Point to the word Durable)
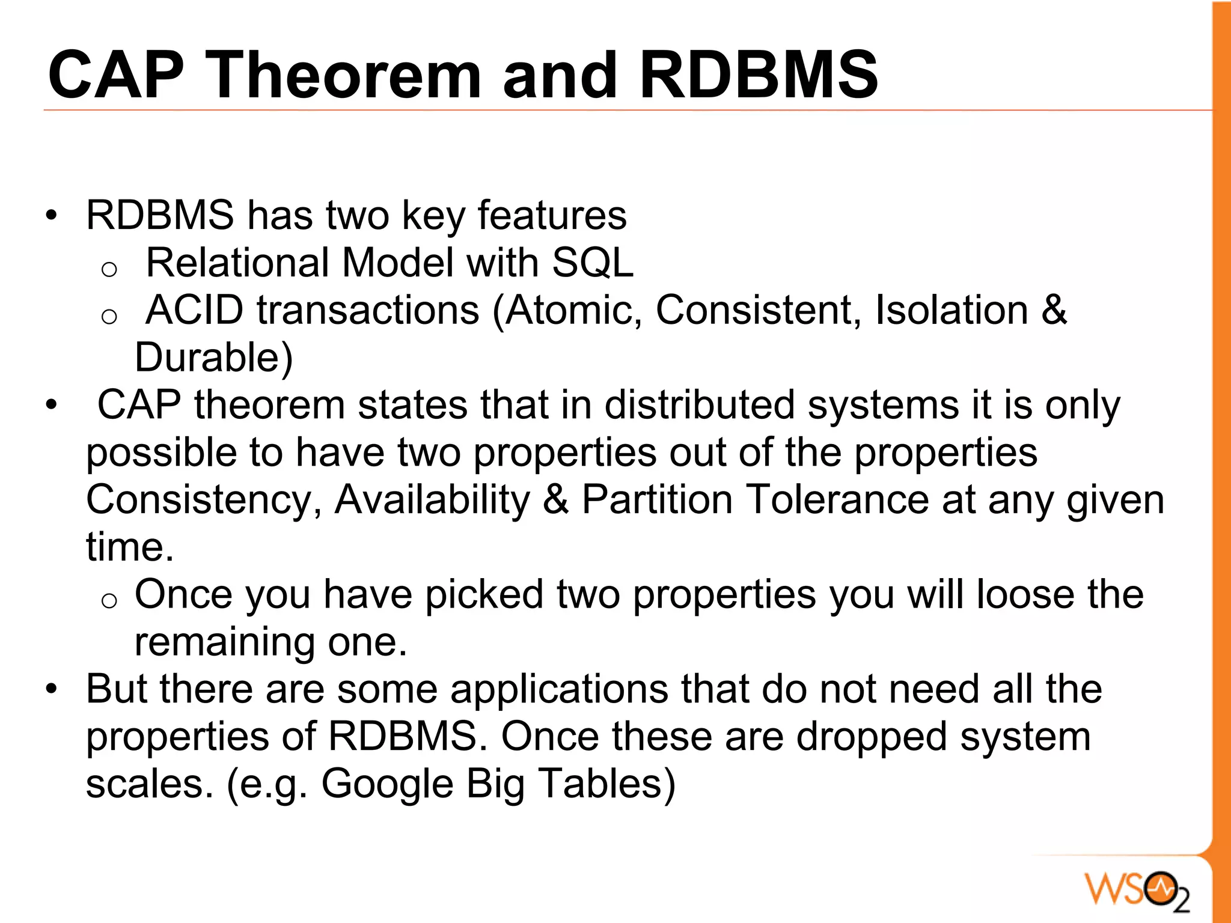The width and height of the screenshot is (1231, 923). coord(214,358)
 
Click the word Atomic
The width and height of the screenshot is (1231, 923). coord(574,310)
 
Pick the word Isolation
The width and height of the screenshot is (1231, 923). coord(952,310)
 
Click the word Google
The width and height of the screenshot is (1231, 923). coord(387,784)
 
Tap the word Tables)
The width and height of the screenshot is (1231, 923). coord(606,784)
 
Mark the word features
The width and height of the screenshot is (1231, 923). coord(552,215)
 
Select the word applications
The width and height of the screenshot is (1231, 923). coord(559,690)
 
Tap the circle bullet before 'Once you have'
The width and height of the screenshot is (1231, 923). coord(109,601)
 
